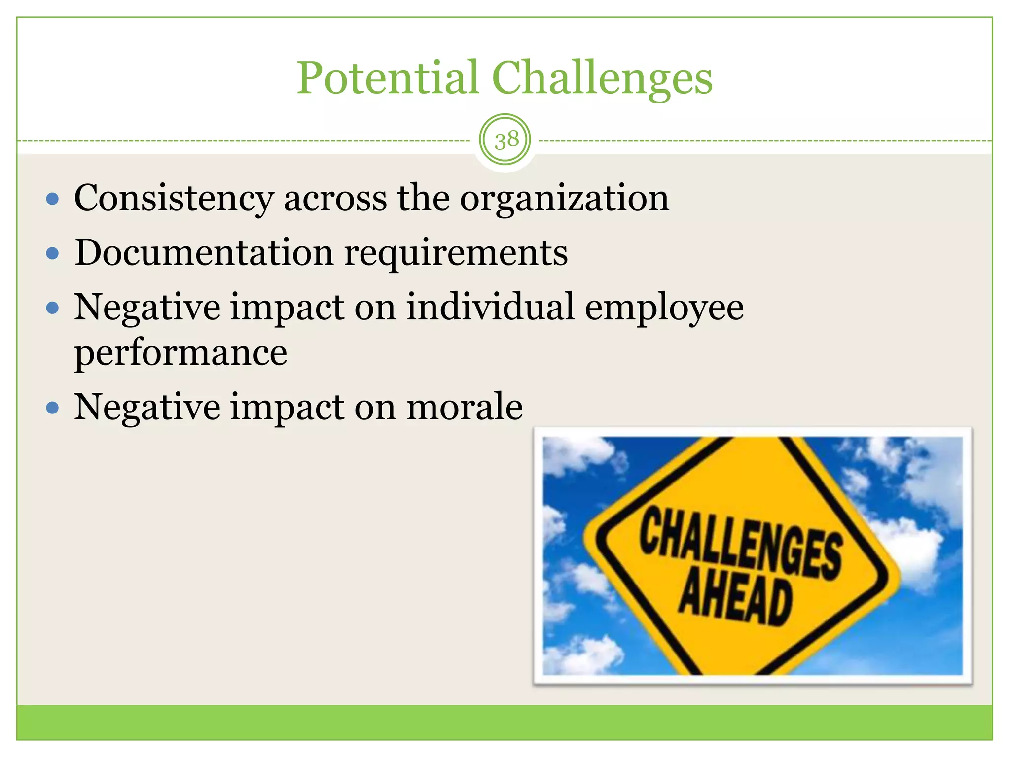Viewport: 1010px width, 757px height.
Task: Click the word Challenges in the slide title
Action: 602,79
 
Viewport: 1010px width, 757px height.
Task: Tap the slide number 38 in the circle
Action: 506,140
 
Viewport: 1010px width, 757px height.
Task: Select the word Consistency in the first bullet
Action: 174,199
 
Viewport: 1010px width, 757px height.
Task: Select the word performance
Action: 180,354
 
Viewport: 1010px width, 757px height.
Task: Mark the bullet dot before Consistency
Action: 52,200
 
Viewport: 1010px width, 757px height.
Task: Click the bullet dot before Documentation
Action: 52,254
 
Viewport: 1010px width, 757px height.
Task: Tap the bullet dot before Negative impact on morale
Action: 52,408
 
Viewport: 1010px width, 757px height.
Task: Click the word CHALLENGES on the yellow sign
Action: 740,544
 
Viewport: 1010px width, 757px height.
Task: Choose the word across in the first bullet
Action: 335,199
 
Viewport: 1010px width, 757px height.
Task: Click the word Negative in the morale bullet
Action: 147,408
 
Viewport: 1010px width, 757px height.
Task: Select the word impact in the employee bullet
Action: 288,308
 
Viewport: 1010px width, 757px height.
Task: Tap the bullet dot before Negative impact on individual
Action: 52,309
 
